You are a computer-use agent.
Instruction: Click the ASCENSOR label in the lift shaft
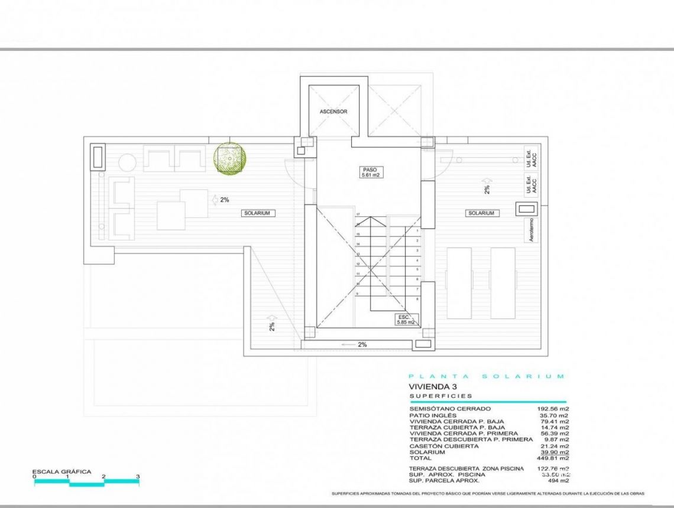click(x=333, y=111)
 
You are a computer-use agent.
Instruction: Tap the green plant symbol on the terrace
click(x=229, y=158)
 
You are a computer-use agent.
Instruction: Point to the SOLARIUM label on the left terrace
click(x=258, y=213)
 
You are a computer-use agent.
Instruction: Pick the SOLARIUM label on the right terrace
click(x=482, y=213)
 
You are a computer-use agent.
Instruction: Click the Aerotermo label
click(x=530, y=230)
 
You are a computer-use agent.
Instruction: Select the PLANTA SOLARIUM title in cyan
click(x=486, y=376)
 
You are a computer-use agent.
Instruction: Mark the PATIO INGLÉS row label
click(x=429, y=415)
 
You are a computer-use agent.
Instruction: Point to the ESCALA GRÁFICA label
click(x=61, y=471)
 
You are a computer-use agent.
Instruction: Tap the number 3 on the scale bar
click(x=138, y=476)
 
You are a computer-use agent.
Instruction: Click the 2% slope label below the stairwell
click(x=362, y=344)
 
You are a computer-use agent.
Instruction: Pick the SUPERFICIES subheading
click(x=440, y=396)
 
